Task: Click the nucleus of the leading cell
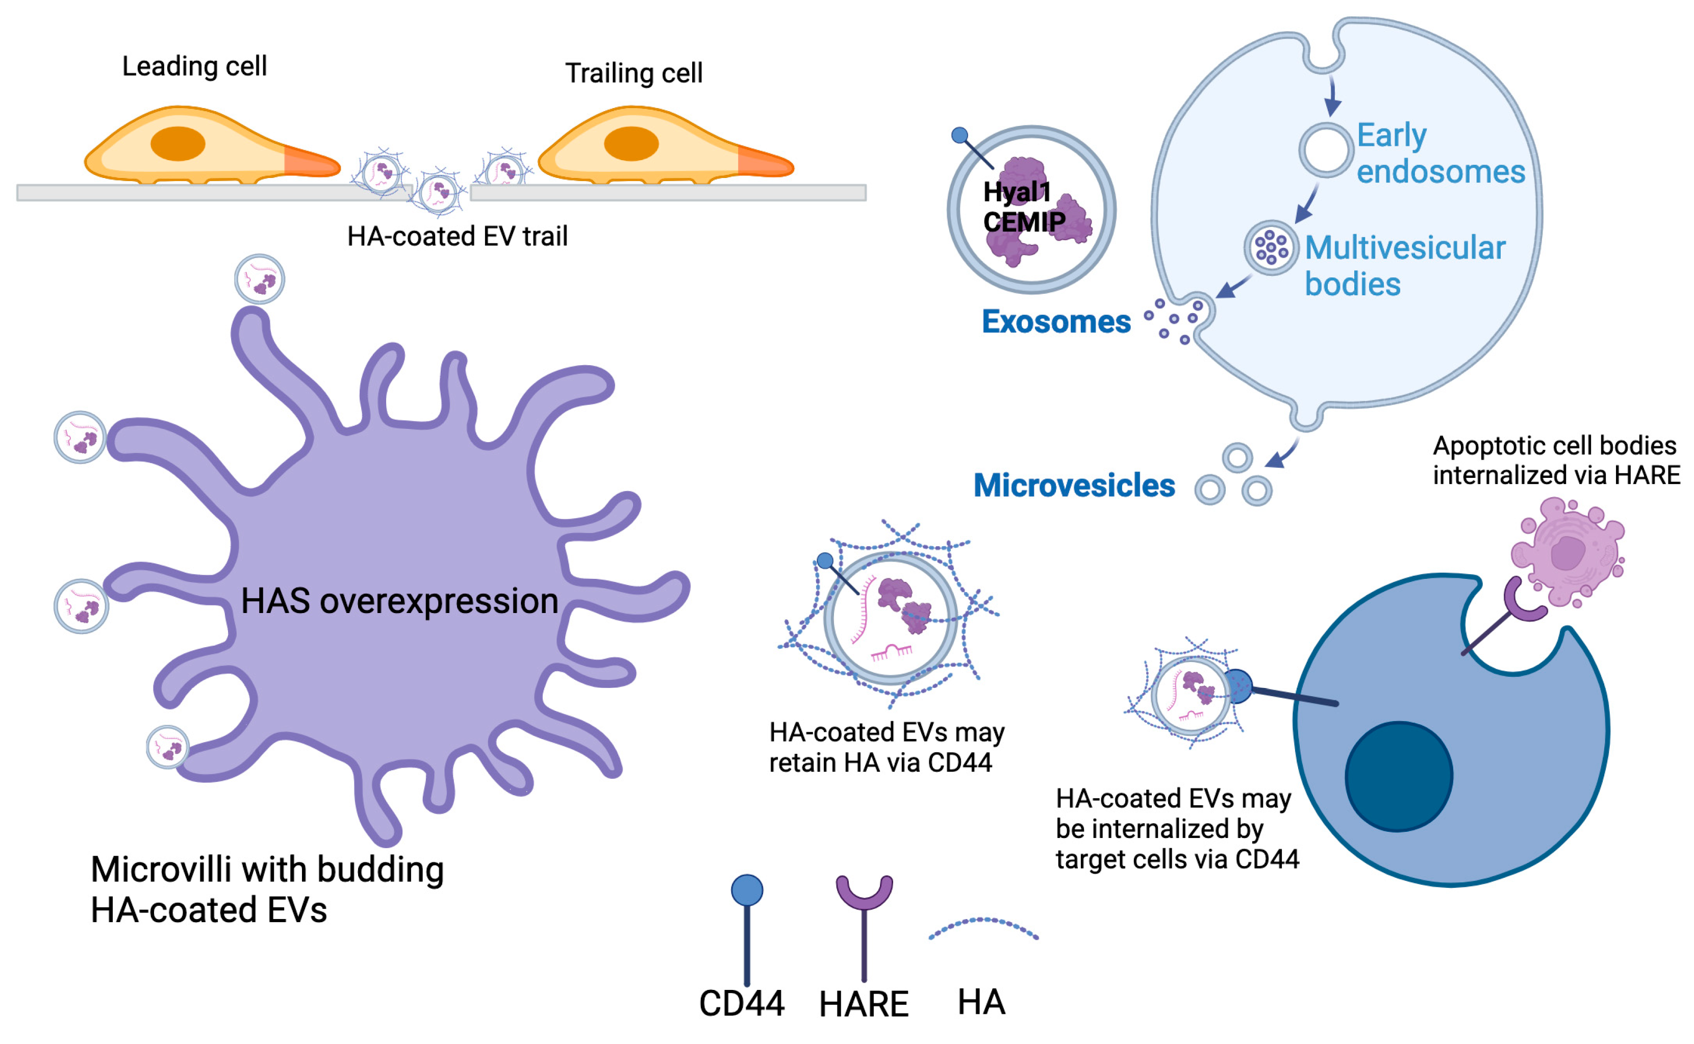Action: pyautogui.click(x=178, y=144)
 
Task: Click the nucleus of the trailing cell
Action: pyautogui.click(x=630, y=144)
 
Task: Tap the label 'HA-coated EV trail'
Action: pyautogui.click(x=457, y=236)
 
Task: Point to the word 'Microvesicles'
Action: pyautogui.click(x=1073, y=486)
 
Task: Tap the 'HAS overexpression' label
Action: pyautogui.click(x=399, y=601)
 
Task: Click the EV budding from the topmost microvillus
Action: pyautogui.click(x=259, y=279)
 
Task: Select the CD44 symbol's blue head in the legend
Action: pyautogui.click(x=747, y=890)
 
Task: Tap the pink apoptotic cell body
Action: pyautogui.click(x=1566, y=552)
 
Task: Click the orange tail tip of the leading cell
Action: pyautogui.click(x=314, y=163)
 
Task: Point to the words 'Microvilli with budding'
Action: pyautogui.click(x=267, y=869)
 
